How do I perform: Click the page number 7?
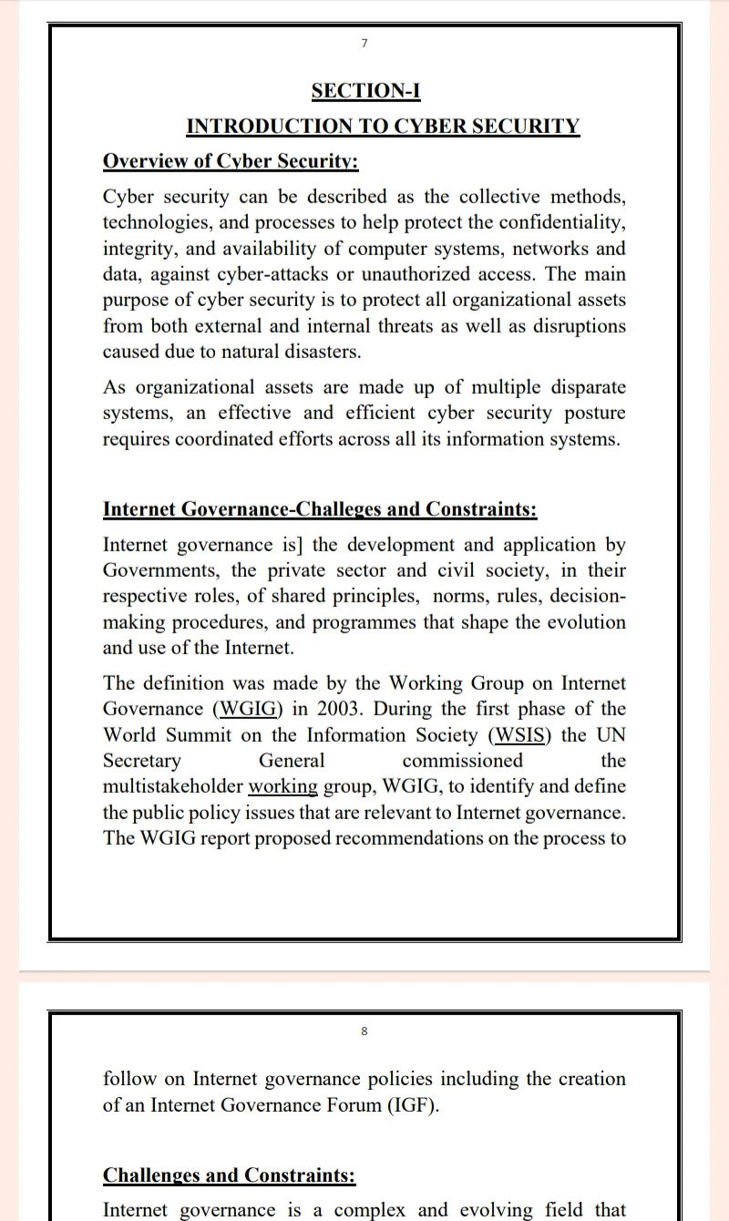click(364, 44)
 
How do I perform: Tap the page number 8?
click(364, 1031)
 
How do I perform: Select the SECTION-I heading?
click(365, 91)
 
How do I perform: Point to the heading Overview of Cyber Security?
click(231, 162)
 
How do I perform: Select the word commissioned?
click(463, 760)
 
